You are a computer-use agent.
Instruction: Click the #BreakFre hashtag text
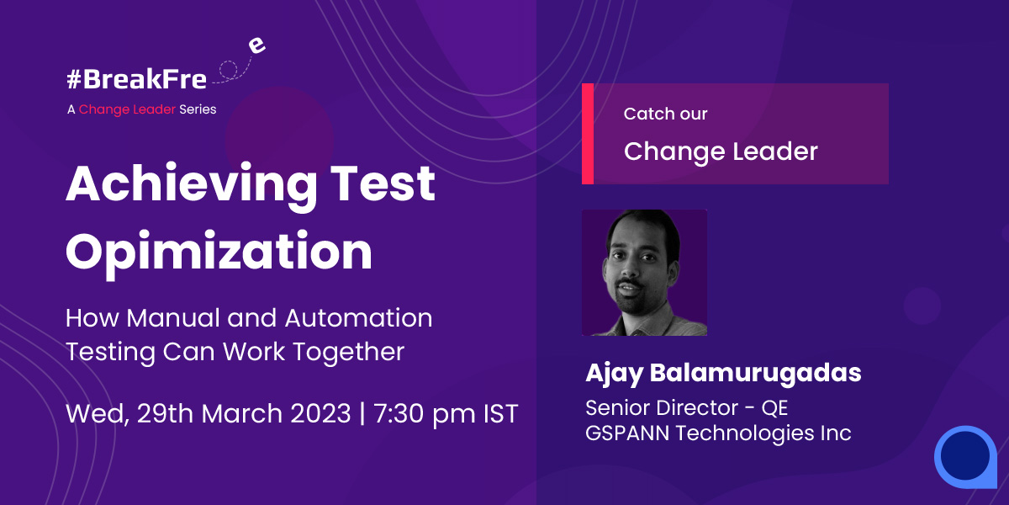click(x=136, y=79)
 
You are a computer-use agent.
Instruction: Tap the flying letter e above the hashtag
click(x=256, y=45)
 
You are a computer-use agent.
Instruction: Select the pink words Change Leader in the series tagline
click(x=127, y=110)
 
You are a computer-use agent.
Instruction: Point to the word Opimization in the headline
click(x=219, y=253)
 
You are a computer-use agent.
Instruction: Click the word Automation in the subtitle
click(x=358, y=318)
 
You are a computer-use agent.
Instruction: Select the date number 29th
click(x=165, y=413)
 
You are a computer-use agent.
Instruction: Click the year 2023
click(x=320, y=413)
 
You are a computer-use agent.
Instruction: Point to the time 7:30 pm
click(x=425, y=414)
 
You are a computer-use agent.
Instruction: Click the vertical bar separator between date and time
click(x=362, y=413)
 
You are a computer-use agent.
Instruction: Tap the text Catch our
click(x=665, y=114)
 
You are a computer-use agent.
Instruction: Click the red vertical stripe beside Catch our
click(x=588, y=134)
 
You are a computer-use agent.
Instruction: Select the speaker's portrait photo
click(x=645, y=273)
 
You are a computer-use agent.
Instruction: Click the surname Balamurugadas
click(x=755, y=374)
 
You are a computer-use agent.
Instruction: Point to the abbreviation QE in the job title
click(x=774, y=408)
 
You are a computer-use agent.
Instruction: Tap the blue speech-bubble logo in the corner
click(x=966, y=457)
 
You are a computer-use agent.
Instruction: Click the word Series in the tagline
click(x=198, y=109)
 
